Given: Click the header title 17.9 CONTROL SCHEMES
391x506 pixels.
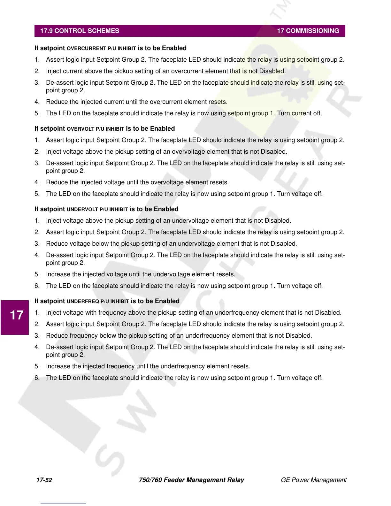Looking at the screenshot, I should coord(80,31).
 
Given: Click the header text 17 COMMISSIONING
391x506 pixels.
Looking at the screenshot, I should coord(308,31).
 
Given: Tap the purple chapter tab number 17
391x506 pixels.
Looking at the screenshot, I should coord(17,315).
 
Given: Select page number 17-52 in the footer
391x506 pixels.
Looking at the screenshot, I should coord(44,480).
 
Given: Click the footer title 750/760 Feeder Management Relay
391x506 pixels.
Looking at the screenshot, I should coord(191,480).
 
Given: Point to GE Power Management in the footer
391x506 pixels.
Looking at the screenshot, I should coord(313,480).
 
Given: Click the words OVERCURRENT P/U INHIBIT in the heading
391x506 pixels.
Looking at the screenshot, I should coord(101,49).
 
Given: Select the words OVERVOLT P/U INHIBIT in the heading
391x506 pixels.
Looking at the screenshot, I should coord(95,129).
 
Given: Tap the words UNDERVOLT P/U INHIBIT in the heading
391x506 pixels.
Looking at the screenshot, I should coord(97,210).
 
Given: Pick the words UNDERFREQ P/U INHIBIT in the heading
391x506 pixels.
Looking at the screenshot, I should coord(98,302).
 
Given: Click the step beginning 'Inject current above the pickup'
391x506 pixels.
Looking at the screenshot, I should coord(166,71).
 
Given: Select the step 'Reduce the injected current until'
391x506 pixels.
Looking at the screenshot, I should coord(137,102).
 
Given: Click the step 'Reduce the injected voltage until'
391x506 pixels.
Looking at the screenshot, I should coord(137,182).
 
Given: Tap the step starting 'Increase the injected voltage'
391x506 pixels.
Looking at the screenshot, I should coord(141,274).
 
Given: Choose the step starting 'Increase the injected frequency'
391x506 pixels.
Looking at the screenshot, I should coord(148,366).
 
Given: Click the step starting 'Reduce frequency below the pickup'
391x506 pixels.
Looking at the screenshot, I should coord(179,336).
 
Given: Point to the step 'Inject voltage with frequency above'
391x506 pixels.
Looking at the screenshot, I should coord(194,313).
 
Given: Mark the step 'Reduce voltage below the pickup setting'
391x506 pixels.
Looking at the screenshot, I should coord(171,244).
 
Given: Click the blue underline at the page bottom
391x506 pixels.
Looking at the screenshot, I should coord(63,503).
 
